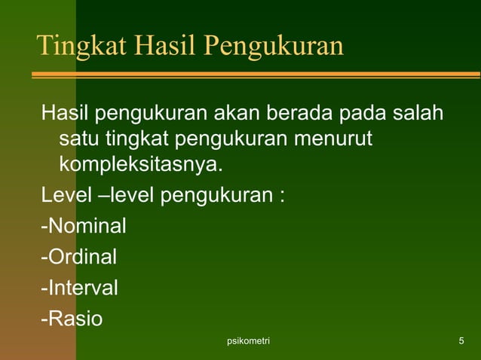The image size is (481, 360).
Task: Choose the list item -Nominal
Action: [84, 225]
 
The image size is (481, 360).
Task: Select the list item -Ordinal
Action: [79, 257]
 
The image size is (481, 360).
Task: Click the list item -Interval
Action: [79, 288]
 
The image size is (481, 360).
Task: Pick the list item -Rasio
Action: [72, 319]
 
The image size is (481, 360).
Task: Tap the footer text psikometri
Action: [248, 343]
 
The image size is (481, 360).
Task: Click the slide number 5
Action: [461, 343]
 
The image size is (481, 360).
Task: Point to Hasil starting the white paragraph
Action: [65, 114]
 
